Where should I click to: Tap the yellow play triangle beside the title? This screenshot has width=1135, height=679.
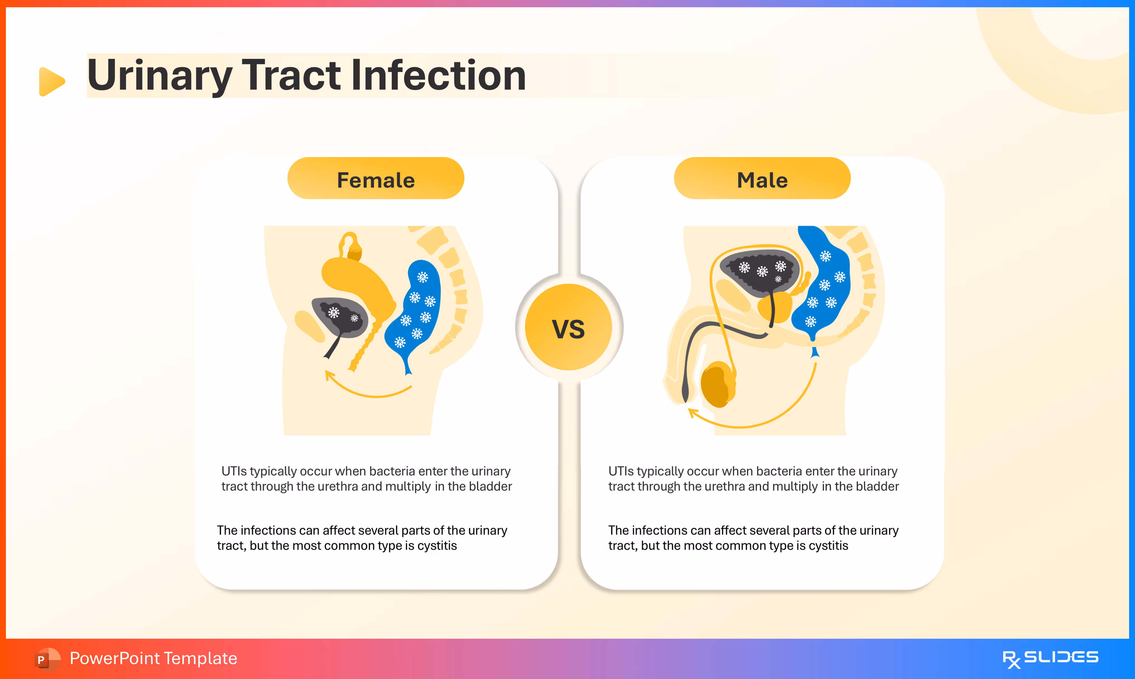tap(51, 81)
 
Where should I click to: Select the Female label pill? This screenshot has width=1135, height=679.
tap(376, 179)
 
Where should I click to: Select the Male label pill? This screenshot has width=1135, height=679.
tap(762, 179)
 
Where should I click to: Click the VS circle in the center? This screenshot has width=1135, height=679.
tap(568, 327)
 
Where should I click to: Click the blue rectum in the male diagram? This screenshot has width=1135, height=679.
tap(824, 284)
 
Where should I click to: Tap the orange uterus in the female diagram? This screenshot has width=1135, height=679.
tap(357, 279)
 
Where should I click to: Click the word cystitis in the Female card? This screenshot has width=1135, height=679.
tap(437, 546)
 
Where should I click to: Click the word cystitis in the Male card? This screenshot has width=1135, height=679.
tap(828, 546)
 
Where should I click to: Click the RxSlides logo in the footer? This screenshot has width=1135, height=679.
tap(1050, 658)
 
